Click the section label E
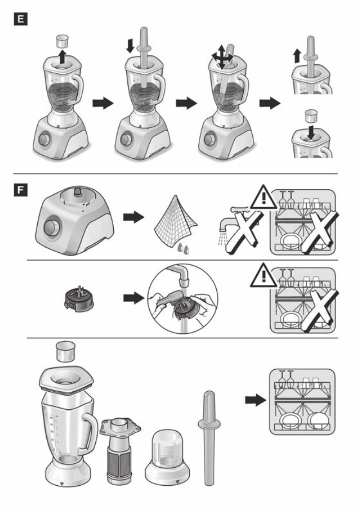(x=21, y=19)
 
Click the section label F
(x=21, y=190)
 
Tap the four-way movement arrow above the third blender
(x=222, y=57)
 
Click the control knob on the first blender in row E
(x=44, y=139)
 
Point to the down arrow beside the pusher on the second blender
(x=130, y=45)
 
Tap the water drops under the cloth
(x=183, y=249)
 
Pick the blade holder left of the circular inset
(x=79, y=299)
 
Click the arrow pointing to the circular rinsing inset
(x=133, y=298)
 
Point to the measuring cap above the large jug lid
(x=66, y=351)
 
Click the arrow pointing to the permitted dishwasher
(x=256, y=399)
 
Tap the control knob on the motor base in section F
(x=51, y=226)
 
